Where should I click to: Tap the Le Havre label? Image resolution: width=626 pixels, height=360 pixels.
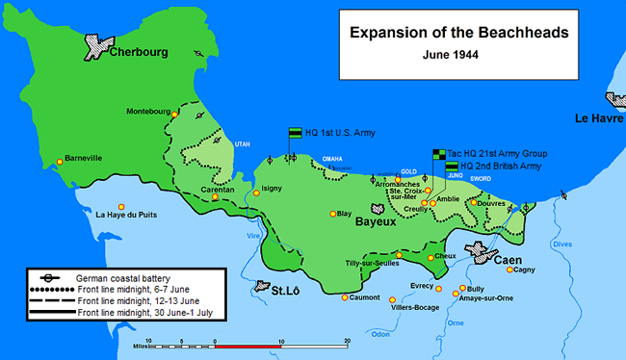(x=599, y=118)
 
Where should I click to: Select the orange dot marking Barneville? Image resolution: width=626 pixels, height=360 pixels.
(x=60, y=162)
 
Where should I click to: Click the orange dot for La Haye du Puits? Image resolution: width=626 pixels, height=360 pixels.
(x=121, y=207)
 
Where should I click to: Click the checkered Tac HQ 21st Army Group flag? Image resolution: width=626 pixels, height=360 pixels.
(x=438, y=152)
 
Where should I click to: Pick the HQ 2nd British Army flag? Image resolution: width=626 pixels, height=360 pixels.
(x=452, y=166)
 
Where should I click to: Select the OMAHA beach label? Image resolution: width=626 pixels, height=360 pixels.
(x=331, y=159)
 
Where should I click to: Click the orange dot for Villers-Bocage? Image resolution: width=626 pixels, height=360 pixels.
(x=392, y=300)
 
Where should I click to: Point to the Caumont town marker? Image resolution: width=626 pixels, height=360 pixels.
(x=345, y=296)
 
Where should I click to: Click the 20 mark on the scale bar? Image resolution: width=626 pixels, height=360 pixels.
(x=346, y=341)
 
